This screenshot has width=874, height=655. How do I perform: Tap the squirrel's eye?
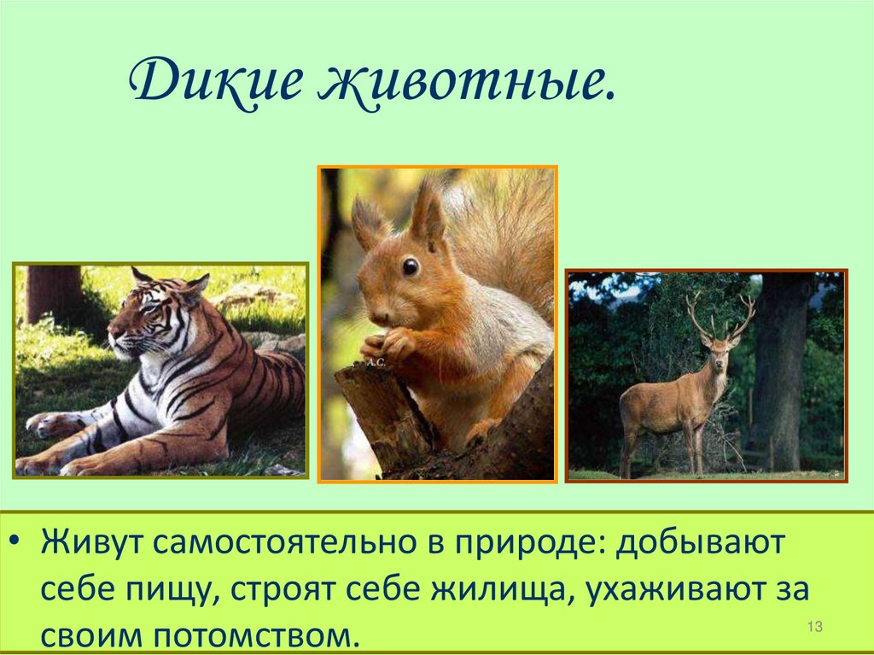411,266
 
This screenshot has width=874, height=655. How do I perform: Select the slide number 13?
813,628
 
